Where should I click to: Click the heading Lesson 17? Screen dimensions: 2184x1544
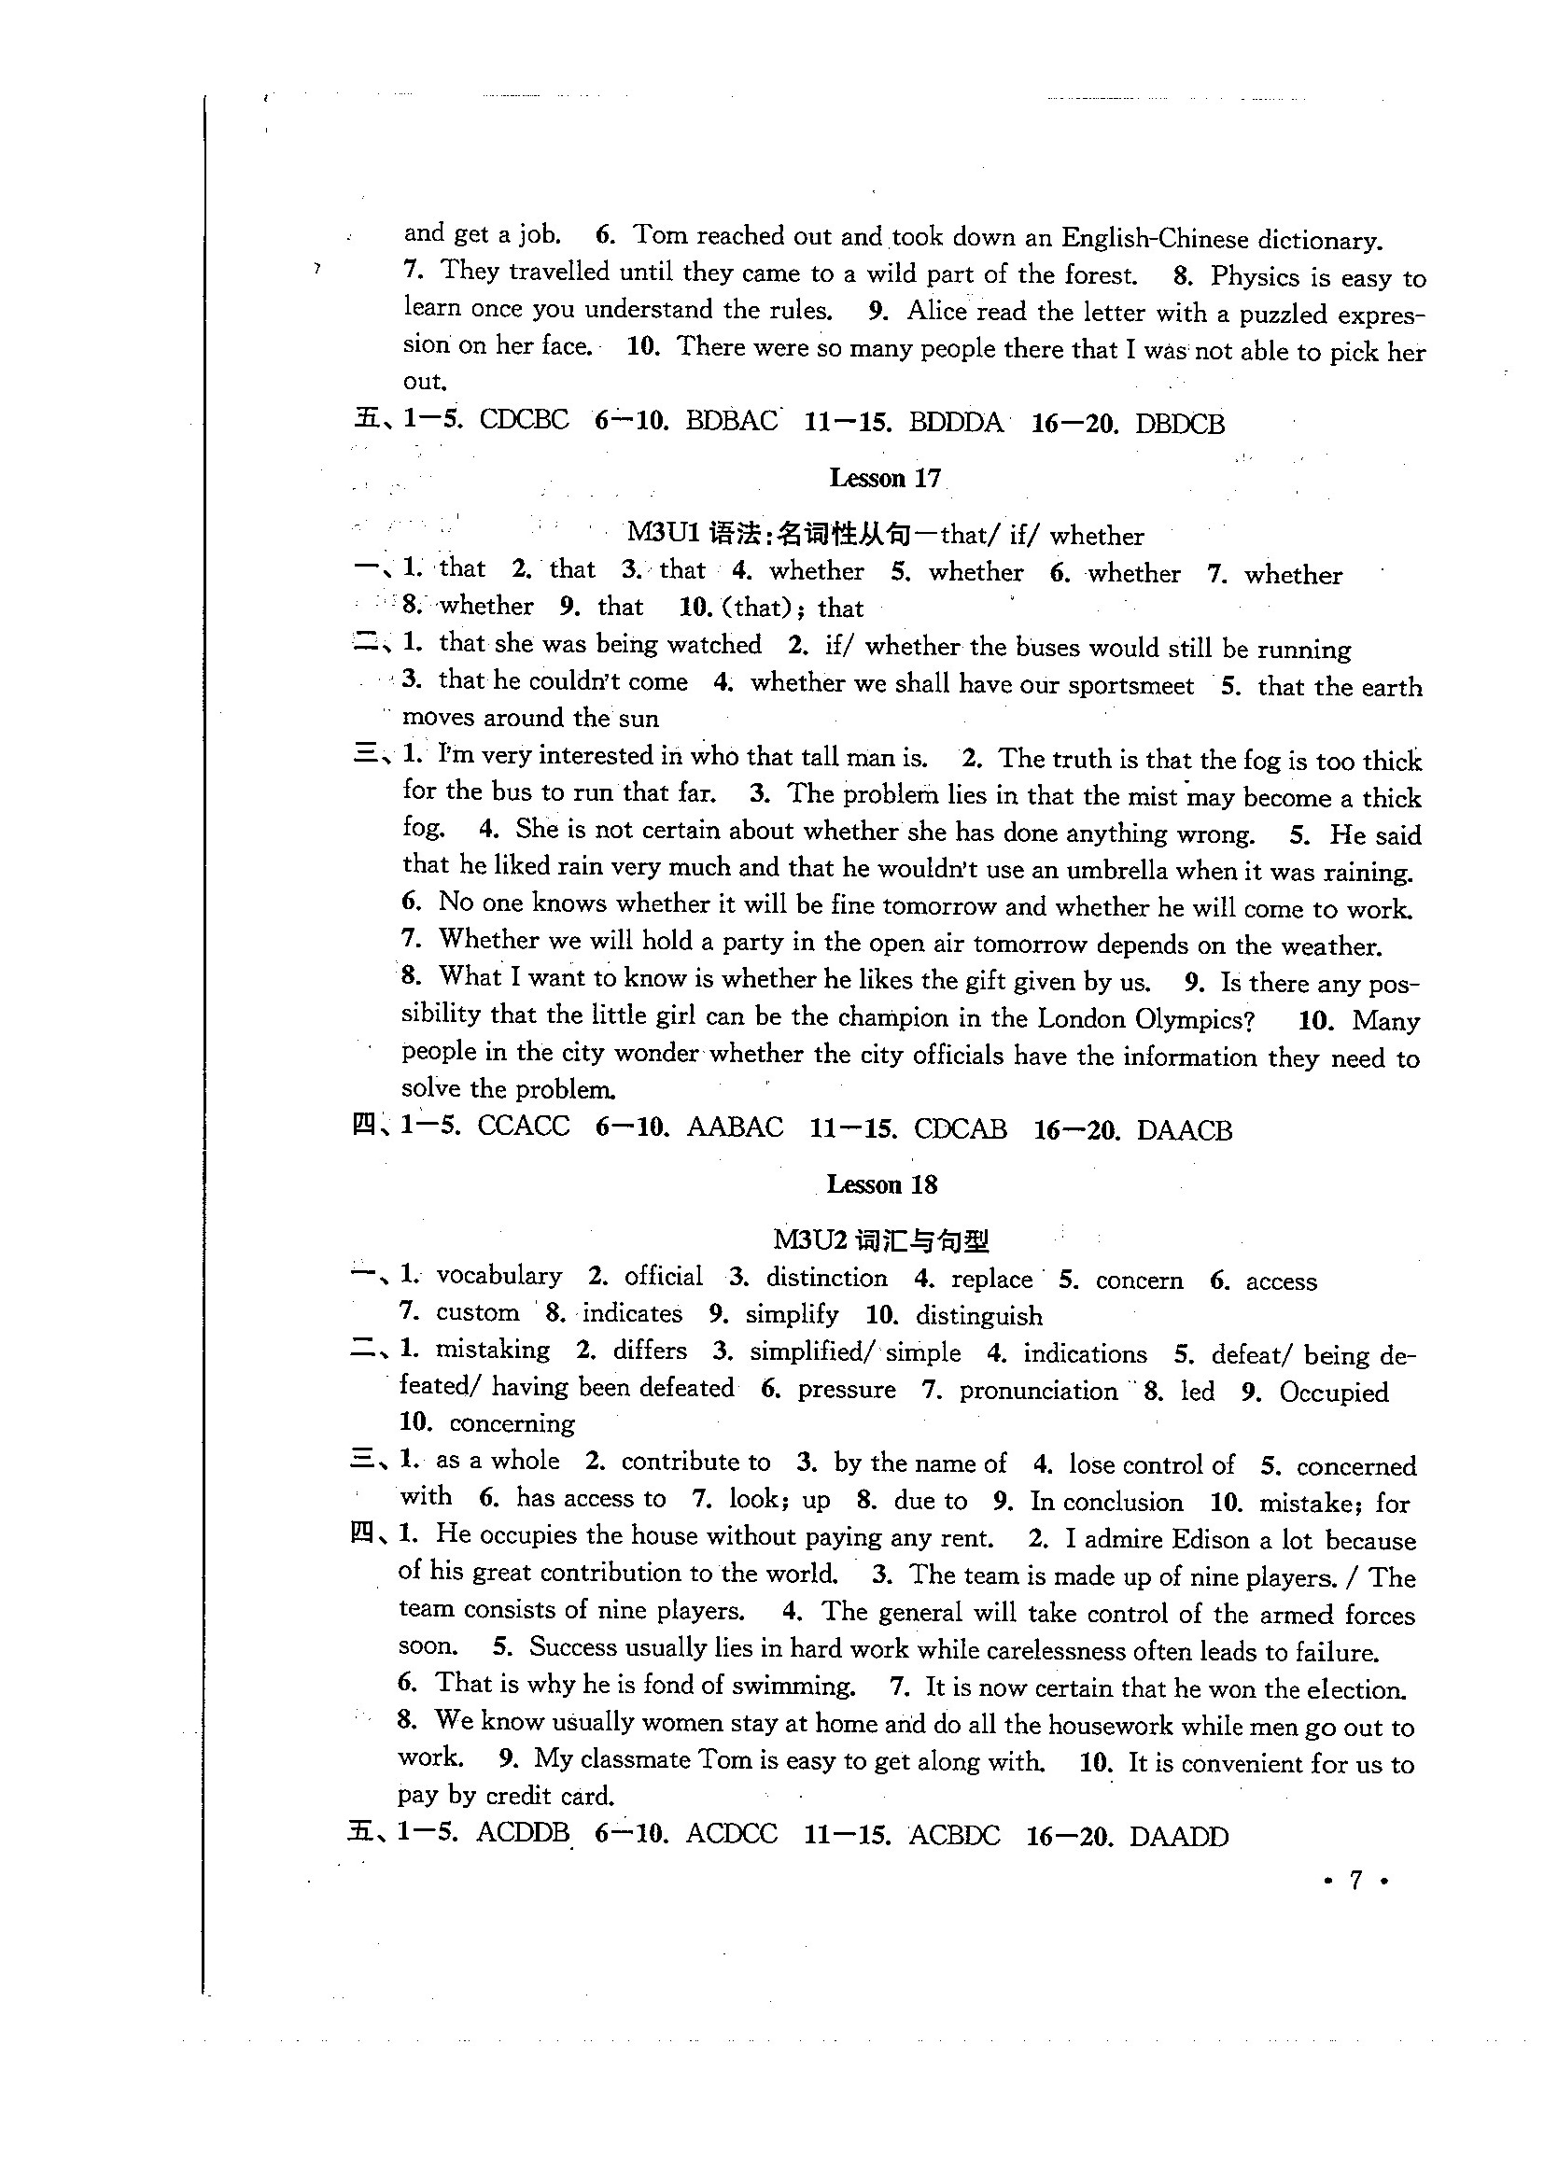point(884,478)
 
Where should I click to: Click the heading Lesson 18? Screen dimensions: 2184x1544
point(882,1184)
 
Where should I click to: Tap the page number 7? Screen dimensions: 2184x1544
point(1355,1880)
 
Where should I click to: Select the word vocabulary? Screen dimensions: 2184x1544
point(498,1276)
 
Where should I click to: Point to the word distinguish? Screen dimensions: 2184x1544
point(979,1316)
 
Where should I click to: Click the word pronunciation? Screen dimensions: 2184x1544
point(1038,1391)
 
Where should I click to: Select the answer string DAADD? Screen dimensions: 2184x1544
point(1179,1836)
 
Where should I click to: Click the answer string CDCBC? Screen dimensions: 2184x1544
point(524,419)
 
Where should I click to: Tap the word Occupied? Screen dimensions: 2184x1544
point(1334,1393)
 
